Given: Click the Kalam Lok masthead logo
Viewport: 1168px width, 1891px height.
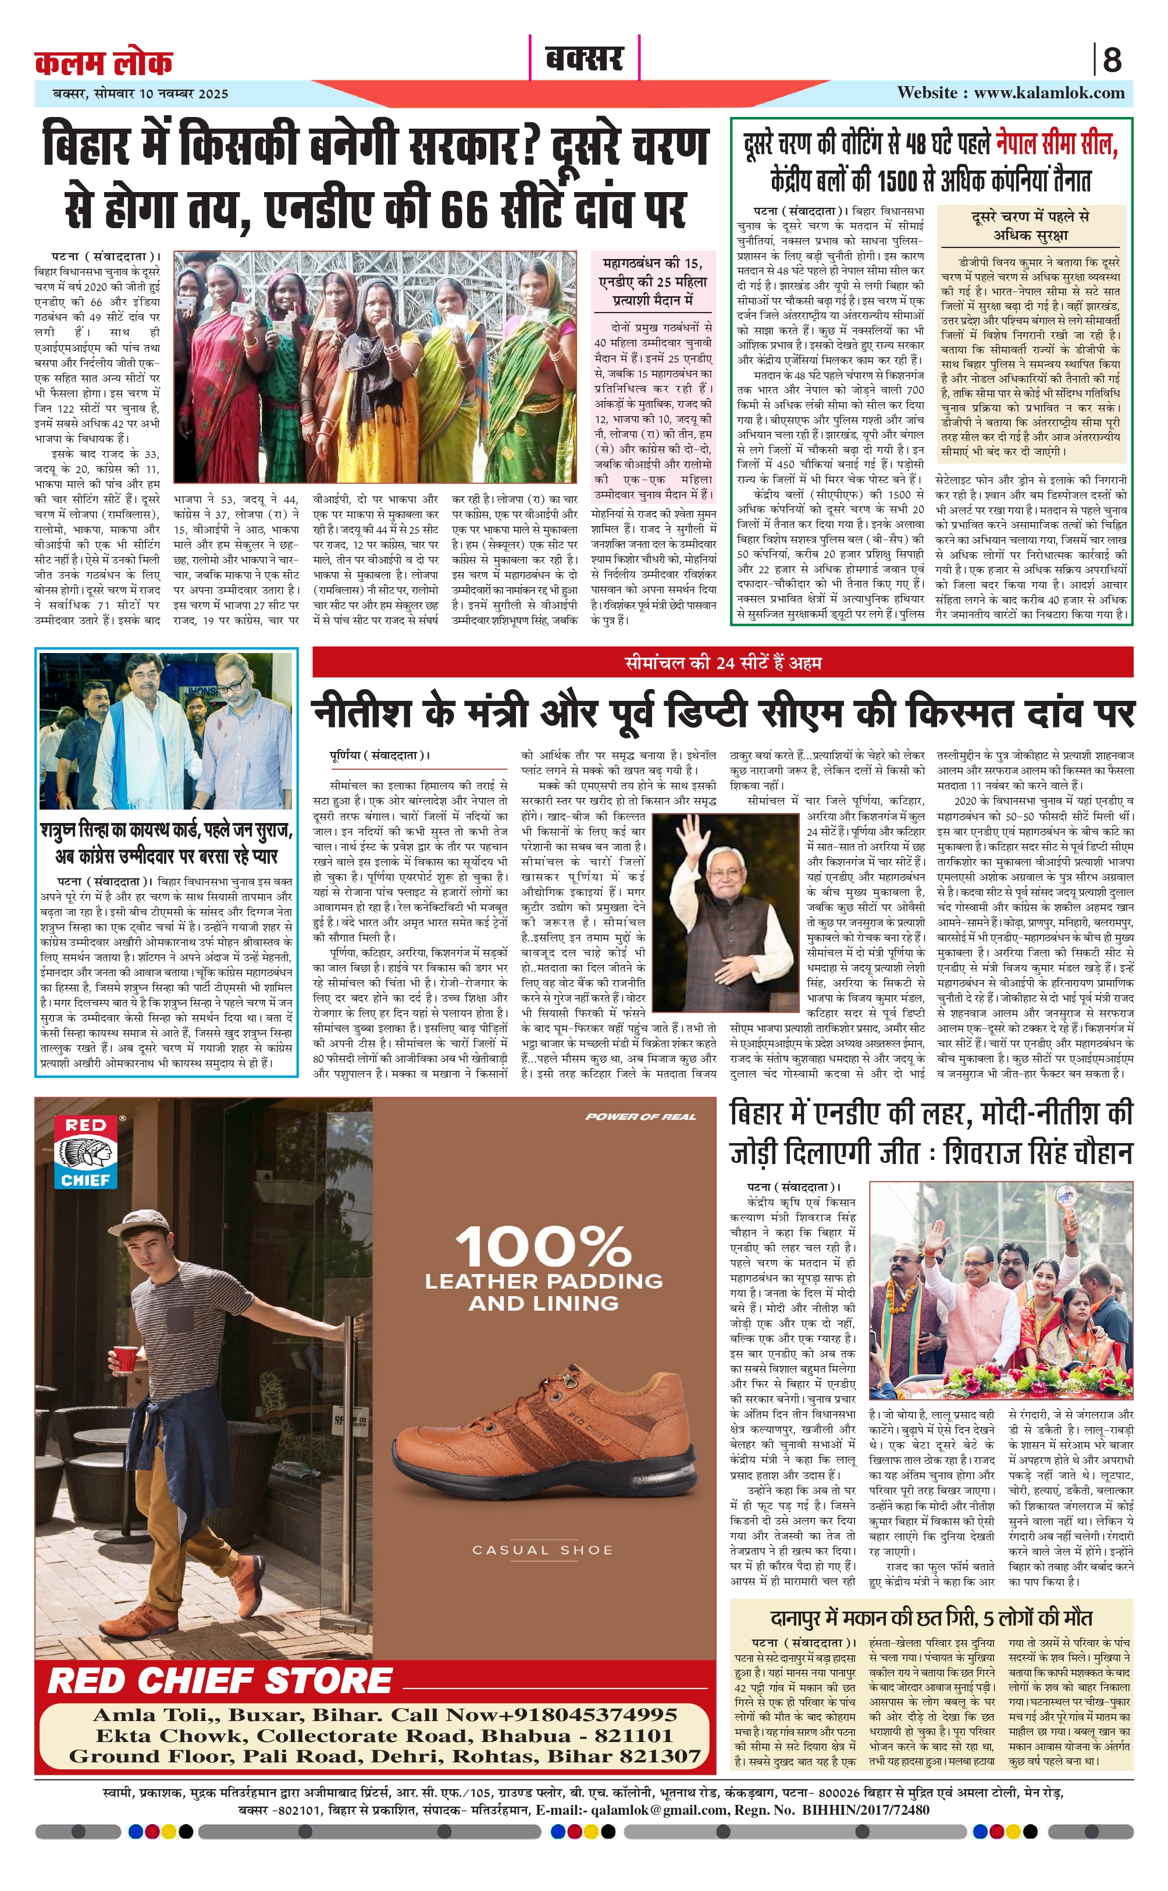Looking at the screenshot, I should coord(104,61).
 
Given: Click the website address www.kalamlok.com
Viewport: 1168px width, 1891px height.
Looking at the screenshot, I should coord(1048,93).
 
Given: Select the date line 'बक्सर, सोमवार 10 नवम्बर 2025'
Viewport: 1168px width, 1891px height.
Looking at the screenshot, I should coord(141,94).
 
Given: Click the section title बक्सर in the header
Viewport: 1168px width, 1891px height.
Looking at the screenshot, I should coord(584,58).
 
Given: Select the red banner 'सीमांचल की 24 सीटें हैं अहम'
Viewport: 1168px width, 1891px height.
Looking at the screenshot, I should coord(722,662).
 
